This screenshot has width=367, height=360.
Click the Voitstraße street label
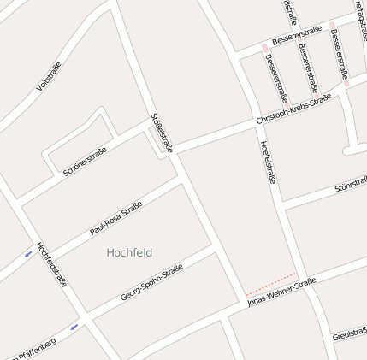50,77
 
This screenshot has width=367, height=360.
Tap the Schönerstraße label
85,161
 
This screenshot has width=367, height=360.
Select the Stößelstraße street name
162,133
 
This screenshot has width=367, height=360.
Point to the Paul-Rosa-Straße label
115,219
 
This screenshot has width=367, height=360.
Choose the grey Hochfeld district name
129,253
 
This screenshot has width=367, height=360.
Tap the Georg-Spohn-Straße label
151,282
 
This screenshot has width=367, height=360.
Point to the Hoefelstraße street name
269,162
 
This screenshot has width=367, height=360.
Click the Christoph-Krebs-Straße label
293,112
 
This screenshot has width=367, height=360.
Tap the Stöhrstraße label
351,185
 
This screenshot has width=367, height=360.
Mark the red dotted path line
270,283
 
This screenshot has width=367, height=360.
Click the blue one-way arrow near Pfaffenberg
74,326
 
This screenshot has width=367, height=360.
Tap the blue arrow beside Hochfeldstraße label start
29,254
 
